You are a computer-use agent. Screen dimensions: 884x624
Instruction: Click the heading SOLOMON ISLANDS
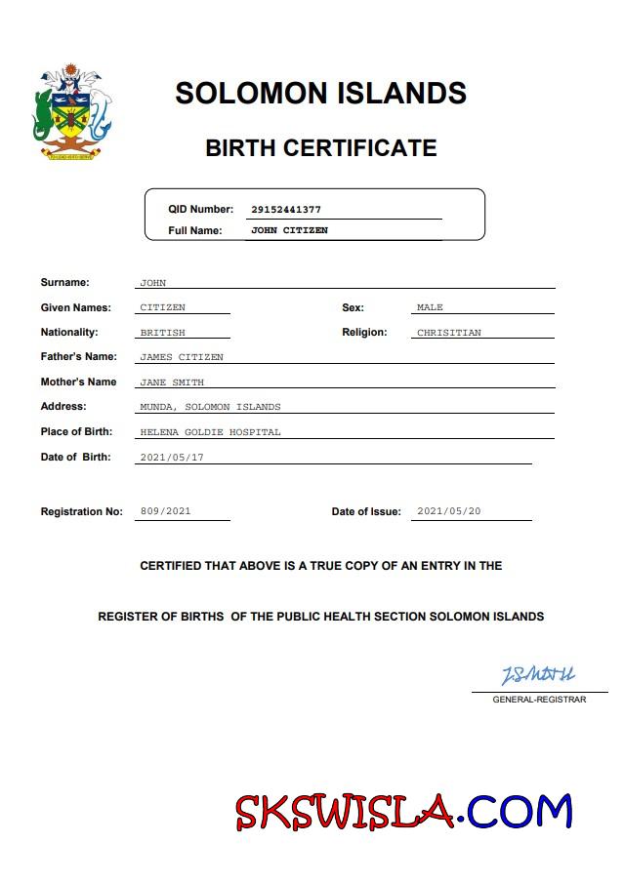(320, 94)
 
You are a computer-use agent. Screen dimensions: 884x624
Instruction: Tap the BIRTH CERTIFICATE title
(320, 148)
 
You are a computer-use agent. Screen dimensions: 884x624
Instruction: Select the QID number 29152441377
(286, 209)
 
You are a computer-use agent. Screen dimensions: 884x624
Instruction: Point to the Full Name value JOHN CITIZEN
(289, 230)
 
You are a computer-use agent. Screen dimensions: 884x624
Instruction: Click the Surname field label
(64, 282)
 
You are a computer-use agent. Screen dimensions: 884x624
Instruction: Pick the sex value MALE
(430, 307)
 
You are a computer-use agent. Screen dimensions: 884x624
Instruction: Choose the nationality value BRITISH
(162, 333)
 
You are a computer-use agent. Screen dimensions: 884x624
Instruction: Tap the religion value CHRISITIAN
(448, 333)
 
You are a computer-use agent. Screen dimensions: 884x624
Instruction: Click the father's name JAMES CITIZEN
(182, 357)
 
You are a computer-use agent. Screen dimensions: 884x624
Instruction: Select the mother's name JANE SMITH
(172, 382)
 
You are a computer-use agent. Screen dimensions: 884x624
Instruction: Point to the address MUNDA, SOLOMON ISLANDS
(210, 407)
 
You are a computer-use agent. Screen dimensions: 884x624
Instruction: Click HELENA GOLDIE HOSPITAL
(210, 431)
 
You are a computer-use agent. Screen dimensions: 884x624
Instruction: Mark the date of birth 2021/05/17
(172, 457)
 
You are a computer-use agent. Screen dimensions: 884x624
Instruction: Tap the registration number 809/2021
(166, 510)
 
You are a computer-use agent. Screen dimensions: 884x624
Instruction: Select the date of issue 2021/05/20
(448, 510)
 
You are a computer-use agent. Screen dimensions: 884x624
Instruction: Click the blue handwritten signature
(538, 674)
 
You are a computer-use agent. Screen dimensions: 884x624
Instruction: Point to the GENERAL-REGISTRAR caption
(539, 700)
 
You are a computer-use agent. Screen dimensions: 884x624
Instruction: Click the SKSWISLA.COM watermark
(403, 811)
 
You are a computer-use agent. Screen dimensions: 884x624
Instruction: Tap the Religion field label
(364, 332)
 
